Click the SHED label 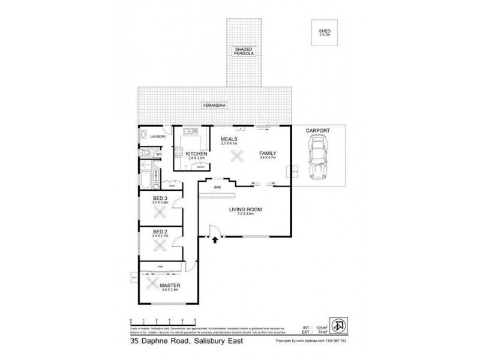coord(325,31)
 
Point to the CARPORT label coord(318,129)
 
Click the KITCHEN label coord(196,154)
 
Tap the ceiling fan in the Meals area coord(236,157)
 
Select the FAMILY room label coord(268,154)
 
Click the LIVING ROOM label coord(247,209)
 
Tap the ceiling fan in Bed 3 coord(159,211)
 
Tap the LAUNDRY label coord(157,136)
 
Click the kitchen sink coord(188,131)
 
